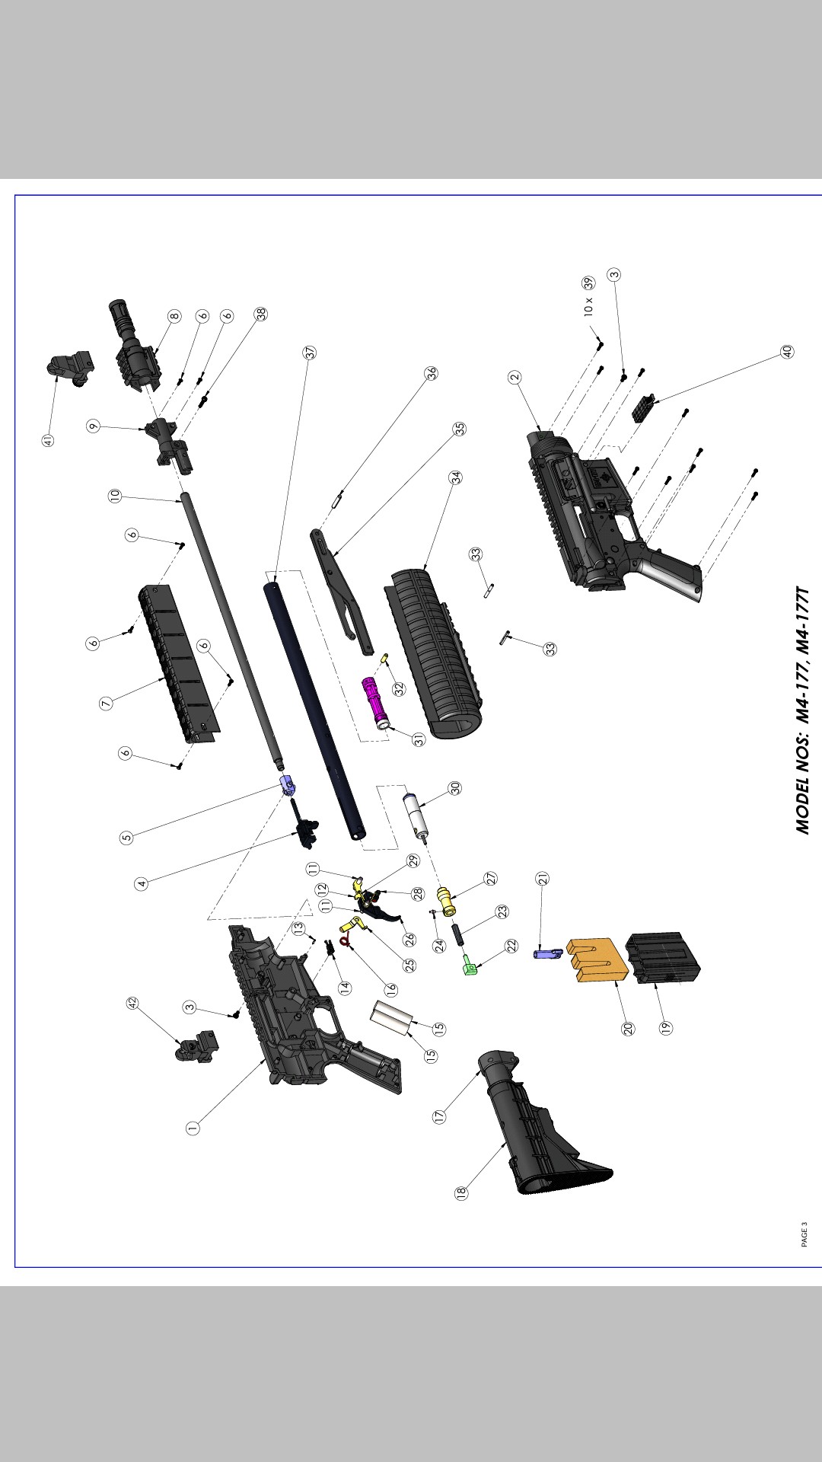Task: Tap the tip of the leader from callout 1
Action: click(x=266, y=1059)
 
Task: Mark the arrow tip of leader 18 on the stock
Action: click(x=508, y=1141)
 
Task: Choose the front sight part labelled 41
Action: click(x=72, y=369)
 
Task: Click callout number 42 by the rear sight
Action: click(x=132, y=1004)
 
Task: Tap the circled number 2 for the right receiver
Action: click(x=515, y=377)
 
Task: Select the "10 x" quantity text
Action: click(x=588, y=307)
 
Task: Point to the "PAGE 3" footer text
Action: click(x=804, y=1234)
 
